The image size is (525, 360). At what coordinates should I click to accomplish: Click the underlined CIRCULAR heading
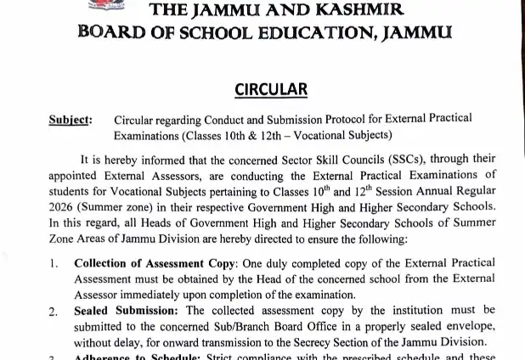tap(262, 89)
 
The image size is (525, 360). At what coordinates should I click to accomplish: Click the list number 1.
tap(54, 264)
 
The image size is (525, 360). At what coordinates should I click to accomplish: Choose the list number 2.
tap(54, 312)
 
